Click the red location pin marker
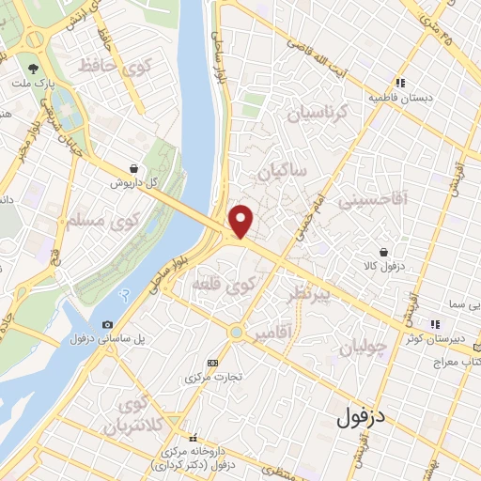(241, 220)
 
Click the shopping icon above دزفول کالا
(384, 251)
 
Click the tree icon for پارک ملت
(34, 69)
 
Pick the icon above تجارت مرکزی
(212, 363)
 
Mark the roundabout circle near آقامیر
(235, 332)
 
